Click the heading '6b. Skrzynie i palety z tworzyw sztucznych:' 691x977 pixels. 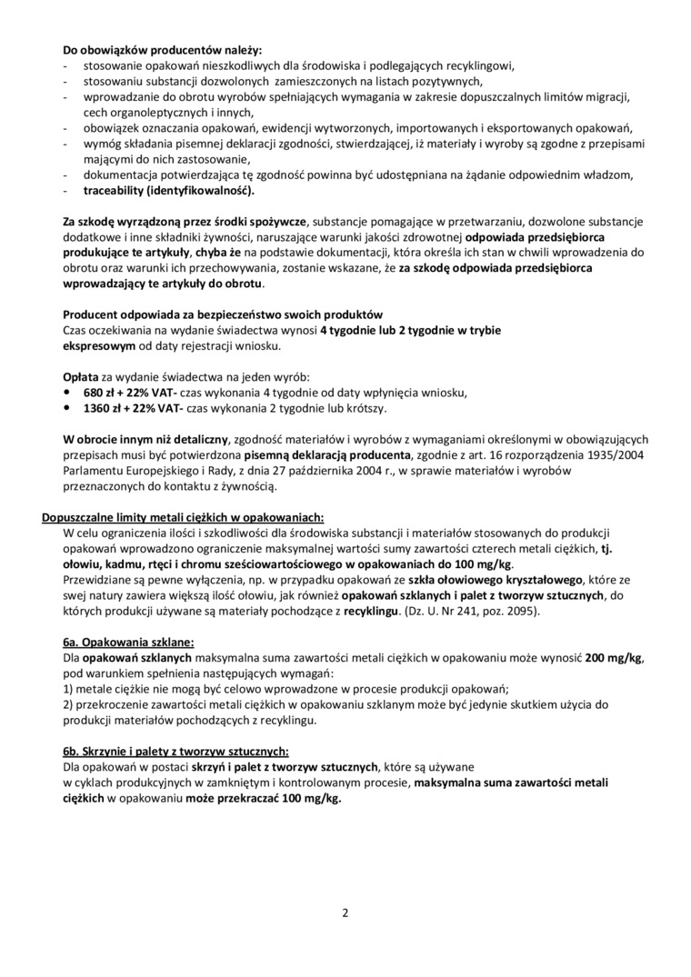coord(175,751)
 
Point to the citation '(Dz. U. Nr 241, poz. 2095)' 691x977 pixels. coord(473,611)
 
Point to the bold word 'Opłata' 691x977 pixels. coord(81,376)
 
